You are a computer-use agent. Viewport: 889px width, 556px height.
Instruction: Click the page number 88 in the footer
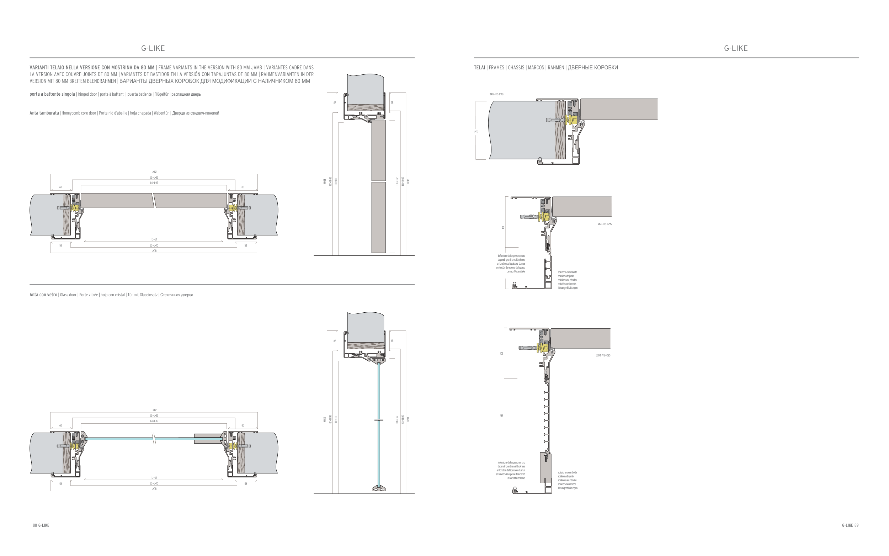click(x=34, y=525)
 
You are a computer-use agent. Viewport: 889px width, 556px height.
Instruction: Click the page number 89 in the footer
click(x=856, y=525)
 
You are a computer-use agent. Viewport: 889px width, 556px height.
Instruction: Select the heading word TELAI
click(x=479, y=68)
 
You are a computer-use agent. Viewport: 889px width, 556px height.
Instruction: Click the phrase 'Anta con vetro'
click(x=43, y=295)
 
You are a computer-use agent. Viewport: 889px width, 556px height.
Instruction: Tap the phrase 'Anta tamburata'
click(x=44, y=113)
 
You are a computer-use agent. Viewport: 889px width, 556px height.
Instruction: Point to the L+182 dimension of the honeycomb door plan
click(x=154, y=172)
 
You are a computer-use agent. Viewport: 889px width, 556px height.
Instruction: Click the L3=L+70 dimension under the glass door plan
click(x=154, y=483)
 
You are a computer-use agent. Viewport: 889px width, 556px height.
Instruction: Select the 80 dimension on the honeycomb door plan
click(x=243, y=187)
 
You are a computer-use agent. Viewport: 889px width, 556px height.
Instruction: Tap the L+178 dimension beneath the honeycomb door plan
click(x=154, y=251)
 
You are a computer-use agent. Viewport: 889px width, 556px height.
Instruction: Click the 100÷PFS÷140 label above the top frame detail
click(x=496, y=95)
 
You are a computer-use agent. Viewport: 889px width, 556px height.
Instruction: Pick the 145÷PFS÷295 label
click(x=605, y=224)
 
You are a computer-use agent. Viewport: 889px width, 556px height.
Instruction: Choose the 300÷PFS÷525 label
click(x=603, y=355)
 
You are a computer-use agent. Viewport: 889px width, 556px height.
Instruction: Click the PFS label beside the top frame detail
click(x=476, y=132)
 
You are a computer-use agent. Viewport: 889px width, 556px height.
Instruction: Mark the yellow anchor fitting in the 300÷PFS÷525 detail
click(x=541, y=348)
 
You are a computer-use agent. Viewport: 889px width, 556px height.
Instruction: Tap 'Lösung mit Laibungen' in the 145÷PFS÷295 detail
click(x=568, y=288)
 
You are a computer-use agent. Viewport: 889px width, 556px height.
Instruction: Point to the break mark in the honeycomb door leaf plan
click(x=154, y=200)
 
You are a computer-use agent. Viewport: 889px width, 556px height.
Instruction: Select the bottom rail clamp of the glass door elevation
click(x=378, y=488)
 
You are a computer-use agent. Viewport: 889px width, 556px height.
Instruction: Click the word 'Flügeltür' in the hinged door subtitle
click(x=161, y=94)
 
